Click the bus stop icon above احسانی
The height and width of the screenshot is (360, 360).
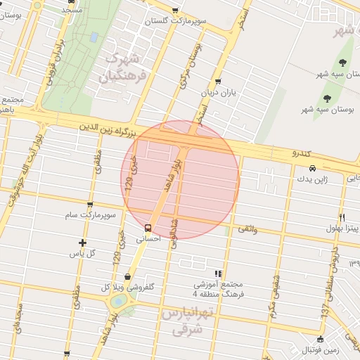(148, 228)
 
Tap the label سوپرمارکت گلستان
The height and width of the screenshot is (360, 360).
(181, 22)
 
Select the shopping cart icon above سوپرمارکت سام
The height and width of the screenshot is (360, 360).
(89, 205)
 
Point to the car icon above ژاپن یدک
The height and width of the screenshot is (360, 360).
(311, 169)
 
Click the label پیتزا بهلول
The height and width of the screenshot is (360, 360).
(342, 228)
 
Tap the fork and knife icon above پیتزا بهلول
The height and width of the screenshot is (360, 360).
(342, 217)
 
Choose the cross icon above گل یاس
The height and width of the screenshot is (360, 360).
(82, 243)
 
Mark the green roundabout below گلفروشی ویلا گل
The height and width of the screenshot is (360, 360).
(119, 301)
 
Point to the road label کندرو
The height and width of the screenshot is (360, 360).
(304, 152)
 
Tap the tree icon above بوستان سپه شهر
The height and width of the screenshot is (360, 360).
(327, 97)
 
